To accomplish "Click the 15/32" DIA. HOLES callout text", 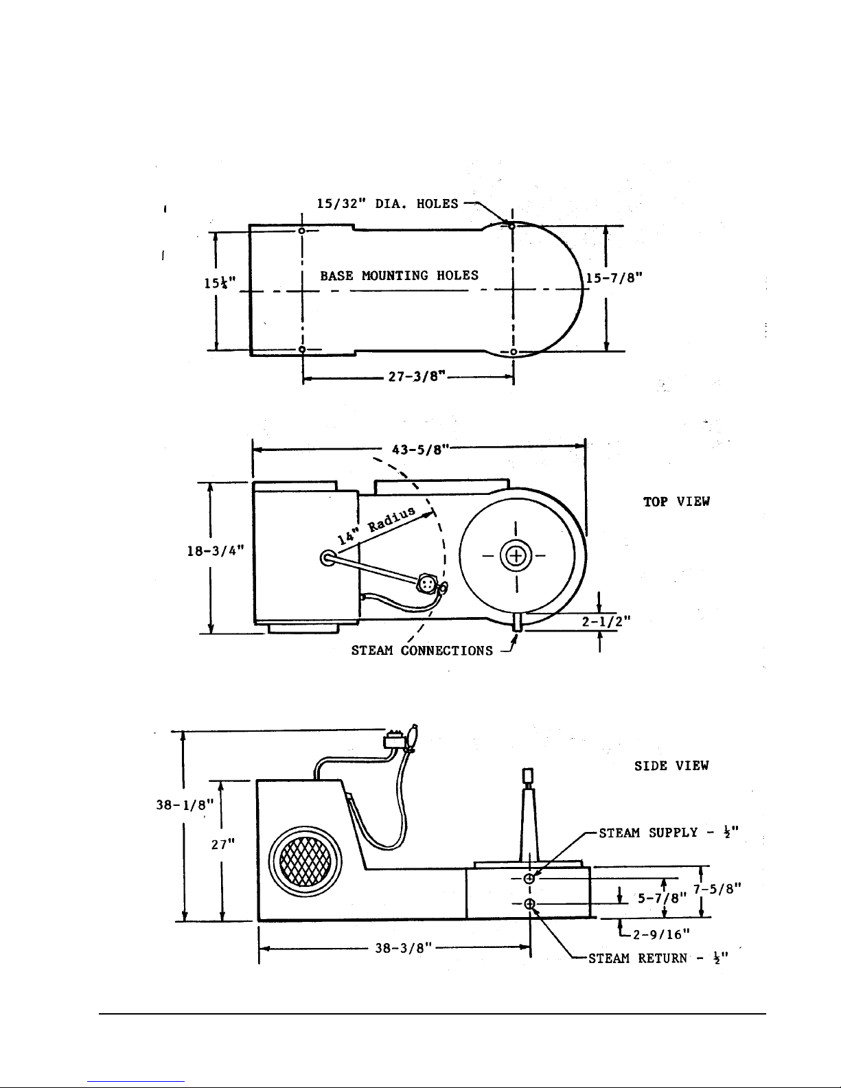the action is point(387,204).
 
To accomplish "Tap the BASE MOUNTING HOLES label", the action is point(399,275).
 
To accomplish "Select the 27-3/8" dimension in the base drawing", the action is point(417,376).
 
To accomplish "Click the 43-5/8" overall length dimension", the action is point(420,450).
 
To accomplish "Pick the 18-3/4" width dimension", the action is point(216,551).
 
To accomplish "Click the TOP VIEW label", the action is point(676,502).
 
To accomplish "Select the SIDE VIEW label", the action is point(671,766).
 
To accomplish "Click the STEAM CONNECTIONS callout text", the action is point(422,650).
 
